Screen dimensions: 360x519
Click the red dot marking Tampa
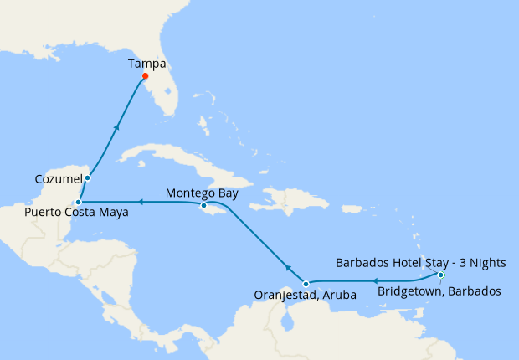(146, 77)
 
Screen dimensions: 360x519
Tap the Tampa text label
(146, 63)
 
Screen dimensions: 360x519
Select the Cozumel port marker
(87, 177)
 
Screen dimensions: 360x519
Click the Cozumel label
(59, 179)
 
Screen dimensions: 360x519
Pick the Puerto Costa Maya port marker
(77, 202)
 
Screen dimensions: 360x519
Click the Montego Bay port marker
(203, 205)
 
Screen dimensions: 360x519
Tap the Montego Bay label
(202, 193)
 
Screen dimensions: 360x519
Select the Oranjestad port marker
(306, 284)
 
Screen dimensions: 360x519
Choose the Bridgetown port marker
(441, 275)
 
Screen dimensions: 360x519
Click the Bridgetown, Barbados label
(439, 291)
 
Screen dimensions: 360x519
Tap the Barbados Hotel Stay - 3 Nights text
(420, 262)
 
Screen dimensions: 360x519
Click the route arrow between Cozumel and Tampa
(116, 126)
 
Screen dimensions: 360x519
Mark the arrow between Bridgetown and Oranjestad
(373, 281)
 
